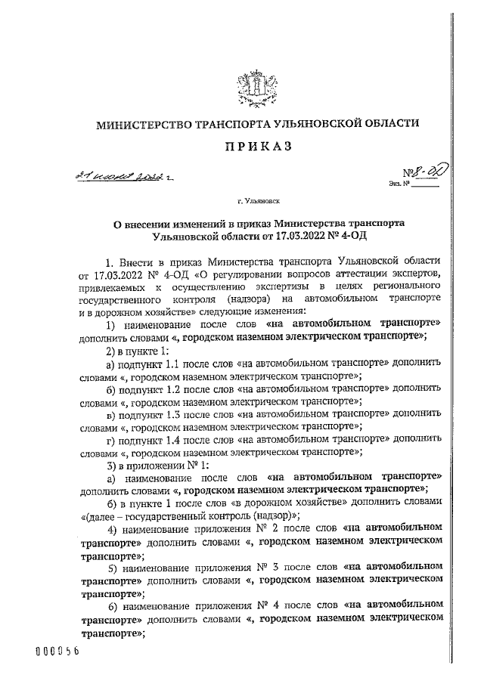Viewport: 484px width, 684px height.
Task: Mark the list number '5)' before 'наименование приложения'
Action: (111, 568)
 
